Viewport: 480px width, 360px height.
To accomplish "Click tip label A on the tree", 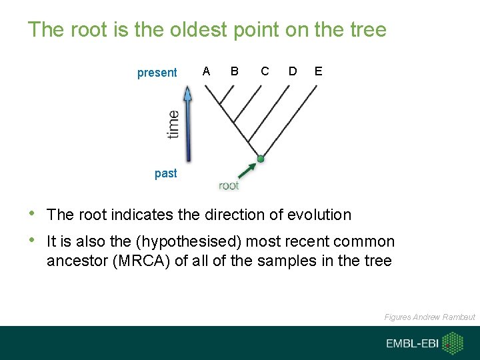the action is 207,71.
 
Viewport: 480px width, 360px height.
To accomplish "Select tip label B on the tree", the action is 234,71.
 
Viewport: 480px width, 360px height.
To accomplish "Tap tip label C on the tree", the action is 265,71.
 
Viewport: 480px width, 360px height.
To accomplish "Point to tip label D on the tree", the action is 293,71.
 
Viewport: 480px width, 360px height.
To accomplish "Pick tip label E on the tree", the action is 318,71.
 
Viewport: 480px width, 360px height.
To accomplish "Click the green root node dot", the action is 261,159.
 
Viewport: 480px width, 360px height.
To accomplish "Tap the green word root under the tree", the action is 229,185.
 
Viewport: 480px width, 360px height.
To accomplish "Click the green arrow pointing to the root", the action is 247,169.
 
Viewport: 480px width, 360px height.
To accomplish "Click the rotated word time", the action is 173,124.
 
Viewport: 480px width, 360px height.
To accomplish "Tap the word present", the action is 157,73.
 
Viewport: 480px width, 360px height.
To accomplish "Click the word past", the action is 165,173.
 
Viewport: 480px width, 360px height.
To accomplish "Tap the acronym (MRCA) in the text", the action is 143,261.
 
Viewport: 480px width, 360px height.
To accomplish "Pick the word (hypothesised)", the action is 159,241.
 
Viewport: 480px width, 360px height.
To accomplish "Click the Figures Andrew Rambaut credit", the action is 429,317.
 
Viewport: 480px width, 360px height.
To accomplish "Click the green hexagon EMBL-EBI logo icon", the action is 453,343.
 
